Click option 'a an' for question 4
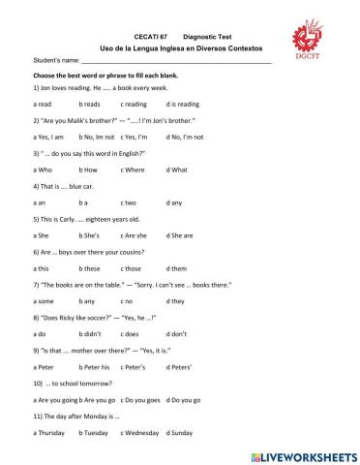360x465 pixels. [x=40, y=202]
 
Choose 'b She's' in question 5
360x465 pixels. [x=91, y=234]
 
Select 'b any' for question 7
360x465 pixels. [x=88, y=300]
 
